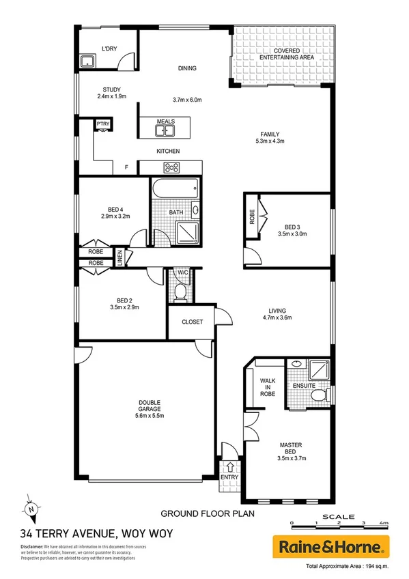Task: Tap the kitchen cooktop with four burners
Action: [171, 167]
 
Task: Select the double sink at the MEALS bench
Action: [166, 131]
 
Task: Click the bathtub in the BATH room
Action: [175, 187]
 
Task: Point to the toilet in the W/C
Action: [181, 292]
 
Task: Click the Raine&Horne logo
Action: [331, 546]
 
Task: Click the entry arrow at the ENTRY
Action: [230, 468]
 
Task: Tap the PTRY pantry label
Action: [102, 124]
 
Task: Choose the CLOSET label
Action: [192, 322]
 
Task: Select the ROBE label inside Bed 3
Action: [252, 217]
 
